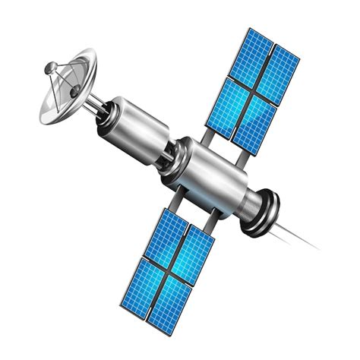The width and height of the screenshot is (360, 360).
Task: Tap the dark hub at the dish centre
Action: [75, 90]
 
